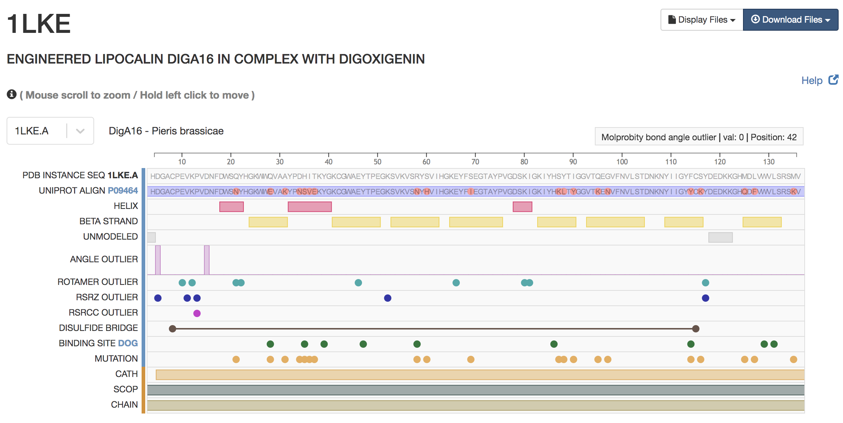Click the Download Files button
click(790, 20)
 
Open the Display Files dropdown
click(701, 20)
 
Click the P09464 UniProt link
click(123, 191)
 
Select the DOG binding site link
click(128, 343)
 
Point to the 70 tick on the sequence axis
click(475, 155)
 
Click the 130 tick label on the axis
click(769, 162)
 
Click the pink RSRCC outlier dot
click(197, 313)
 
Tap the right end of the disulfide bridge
click(696, 329)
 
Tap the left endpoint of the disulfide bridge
click(173, 329)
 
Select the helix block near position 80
click(522, 207)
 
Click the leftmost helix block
click(231, 207)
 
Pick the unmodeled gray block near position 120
click(720, 237)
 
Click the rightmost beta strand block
click(762, 222)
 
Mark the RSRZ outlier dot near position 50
click(388, 298)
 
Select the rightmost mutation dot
click(793, 359)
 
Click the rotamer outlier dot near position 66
click(456, 283)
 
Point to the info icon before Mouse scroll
click(12, 95)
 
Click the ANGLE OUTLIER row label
click(104, 259)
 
